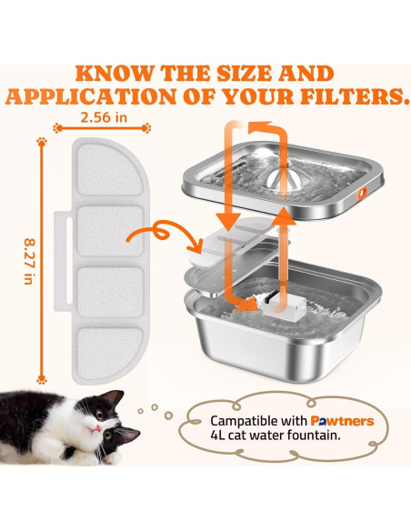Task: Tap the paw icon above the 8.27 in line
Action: (41, 143)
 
